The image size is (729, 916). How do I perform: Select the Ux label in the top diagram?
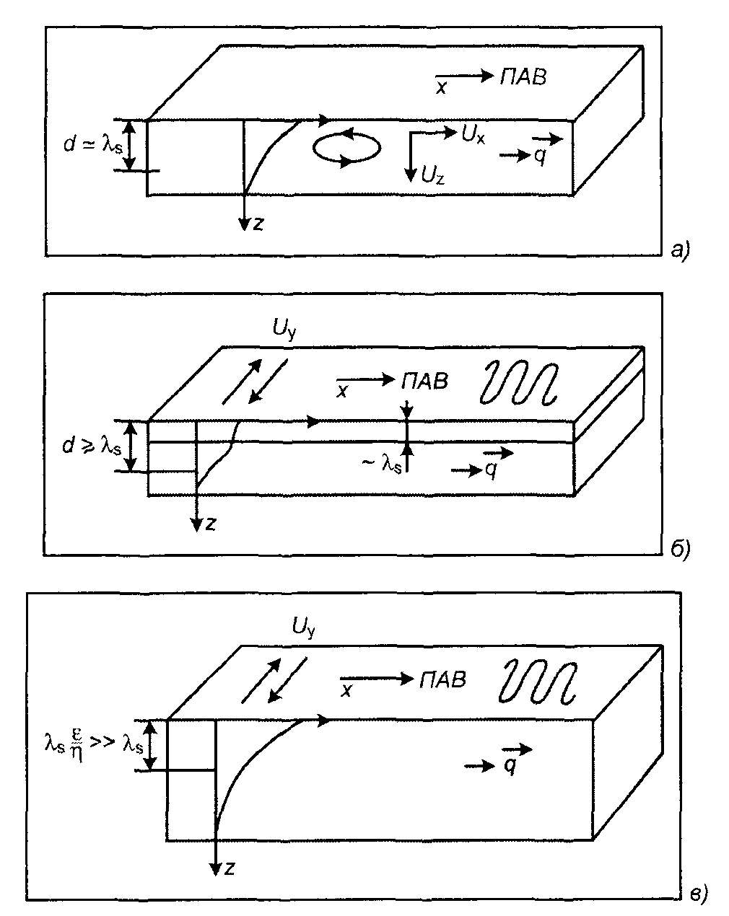(x=473, y=134)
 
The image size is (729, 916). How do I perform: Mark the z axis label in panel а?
(x=258, y=224)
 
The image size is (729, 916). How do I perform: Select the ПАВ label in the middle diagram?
(x=425, y=381)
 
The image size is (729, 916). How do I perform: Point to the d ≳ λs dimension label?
(x=91, y=446)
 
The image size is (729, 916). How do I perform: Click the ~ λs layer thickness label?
(x=383, y=466)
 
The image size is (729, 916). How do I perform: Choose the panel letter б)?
(x=680, y=550)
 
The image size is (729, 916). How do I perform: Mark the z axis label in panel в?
(x=230, y=870)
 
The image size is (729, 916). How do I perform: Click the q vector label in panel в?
(x=510, y=767)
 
